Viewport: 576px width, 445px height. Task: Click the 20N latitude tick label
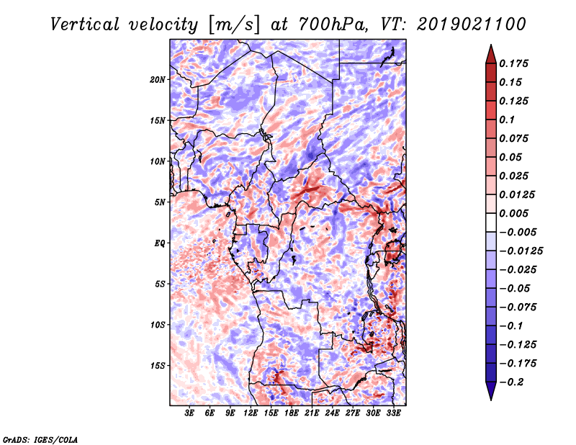[x=158, y=79]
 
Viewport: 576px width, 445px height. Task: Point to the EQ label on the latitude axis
[x=159, y=243]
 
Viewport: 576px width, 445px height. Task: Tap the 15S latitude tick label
[x=158, y=366]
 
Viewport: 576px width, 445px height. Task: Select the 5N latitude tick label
[x=160, y=202]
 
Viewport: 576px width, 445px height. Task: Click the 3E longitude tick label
[x=190, y=414]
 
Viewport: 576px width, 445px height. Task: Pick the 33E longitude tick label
[x=394, y=414]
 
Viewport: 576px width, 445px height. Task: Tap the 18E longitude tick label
[x=292, y=414]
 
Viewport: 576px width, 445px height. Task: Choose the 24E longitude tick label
[x=333, y=414]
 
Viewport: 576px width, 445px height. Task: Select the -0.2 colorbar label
[x=515, y=382]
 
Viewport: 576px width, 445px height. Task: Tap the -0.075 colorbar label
[x=518, y=307]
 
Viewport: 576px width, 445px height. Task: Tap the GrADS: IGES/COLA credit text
[x=40, y=439]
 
